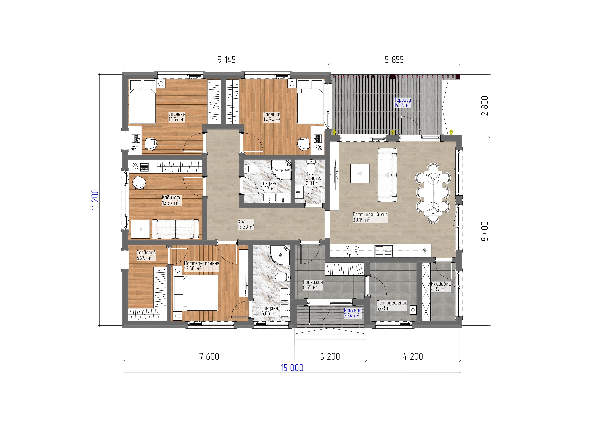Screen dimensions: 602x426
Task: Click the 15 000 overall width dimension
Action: pyautogui.click(x=292, y=368)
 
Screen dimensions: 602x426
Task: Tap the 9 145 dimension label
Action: pyautogui.click(x=227, y=60)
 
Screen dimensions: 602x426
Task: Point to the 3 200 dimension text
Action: pyautogui.click(x=330, y=356)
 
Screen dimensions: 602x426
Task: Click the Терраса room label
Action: pyautogui.click(x=402, y=100)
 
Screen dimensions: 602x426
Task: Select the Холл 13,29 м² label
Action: pyautogui.click(x=246, y=224)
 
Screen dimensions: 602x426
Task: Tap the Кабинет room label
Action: pyautogui.click(x=171, y=197)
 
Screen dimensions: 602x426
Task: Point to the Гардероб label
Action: pyautogui.click(x=146, y=252)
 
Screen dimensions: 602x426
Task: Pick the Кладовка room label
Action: pyautogui.click(x=441, y=284)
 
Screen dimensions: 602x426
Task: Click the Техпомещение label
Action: pyautogui.click(x=392, y=303)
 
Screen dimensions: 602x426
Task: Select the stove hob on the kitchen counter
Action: pyautogui.click(x=353, y=251)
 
